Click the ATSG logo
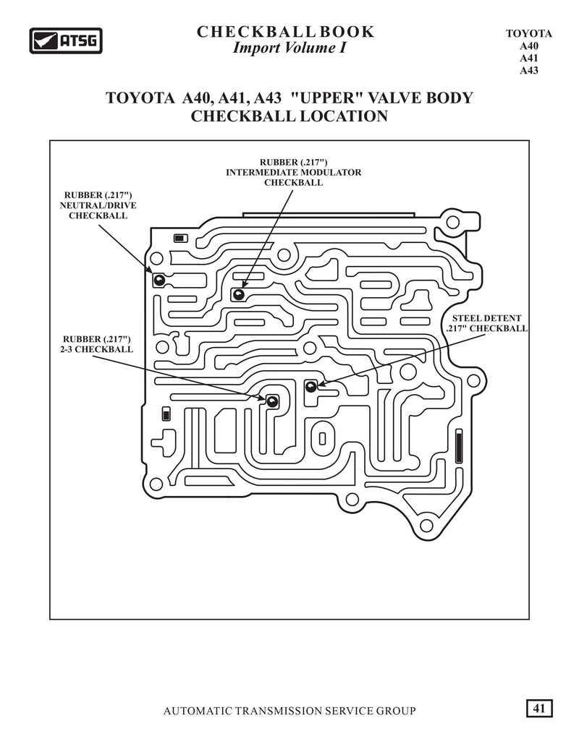(x=66, y=40)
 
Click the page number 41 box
(x=539, y=709)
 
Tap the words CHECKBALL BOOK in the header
(x=285, y=32)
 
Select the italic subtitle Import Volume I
(x=289, y=48)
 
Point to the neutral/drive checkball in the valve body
(x=159, y=280)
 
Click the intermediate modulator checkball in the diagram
(x=238, y=295)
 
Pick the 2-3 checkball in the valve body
(x=272, y=401)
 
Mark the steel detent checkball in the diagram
(x=310, y=386)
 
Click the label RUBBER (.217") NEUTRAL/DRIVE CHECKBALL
(x=98, y=205)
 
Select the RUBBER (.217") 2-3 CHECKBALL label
(x=97, y=344)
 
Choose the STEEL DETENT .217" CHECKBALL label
(x=486, y=323)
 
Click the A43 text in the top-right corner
(x=528, y=70)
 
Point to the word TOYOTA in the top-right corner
(x=528, y=34)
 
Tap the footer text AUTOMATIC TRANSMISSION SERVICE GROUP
(x=289, y=711)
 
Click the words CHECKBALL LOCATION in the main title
(x=289, y=116)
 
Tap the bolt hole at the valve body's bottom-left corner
(x=156, y=484)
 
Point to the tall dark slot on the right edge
(x=459, y=446)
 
